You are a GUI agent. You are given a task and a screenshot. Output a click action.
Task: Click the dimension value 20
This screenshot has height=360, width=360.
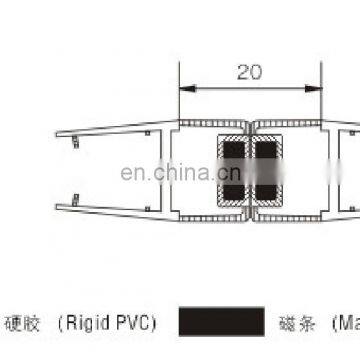pyautogui.click(x=253, y=72)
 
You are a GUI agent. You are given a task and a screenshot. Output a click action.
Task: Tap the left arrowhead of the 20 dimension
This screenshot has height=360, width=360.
pyautogui.click(x=183, y=87)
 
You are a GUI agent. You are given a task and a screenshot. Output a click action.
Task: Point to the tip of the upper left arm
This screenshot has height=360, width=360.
pyautogui.click(x=57, y=133)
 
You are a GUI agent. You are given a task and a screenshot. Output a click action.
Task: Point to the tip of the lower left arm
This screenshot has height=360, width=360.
pyautogui.click(x=57, y=206)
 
